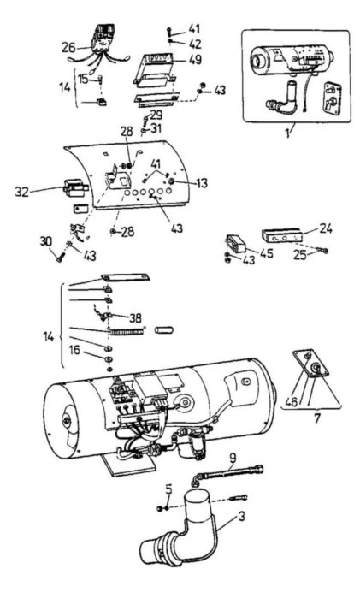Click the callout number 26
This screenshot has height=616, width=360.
coord(68,48)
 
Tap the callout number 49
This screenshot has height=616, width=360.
coord(195,59)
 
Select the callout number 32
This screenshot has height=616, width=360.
coord(22,192)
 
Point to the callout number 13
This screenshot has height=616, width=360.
coord(202,183)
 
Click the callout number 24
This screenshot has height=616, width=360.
coord(325,228)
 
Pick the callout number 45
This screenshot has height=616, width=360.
coord(267,253)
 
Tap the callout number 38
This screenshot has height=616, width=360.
coord(135,317)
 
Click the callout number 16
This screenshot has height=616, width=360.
coord(75,350)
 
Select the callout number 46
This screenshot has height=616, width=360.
coord(292,401)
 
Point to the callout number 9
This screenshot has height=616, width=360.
coord(233,458)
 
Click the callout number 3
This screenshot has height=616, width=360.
coord(241,516)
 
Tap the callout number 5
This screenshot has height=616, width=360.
coord(168,489)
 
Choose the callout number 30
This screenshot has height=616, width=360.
coord(45,241)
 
